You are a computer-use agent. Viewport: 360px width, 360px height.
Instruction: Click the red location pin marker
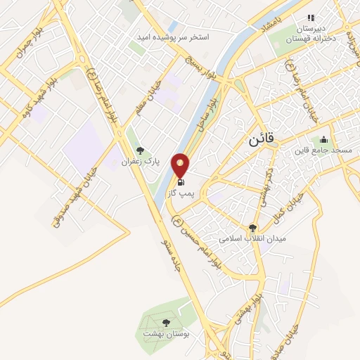[x=181, y=166]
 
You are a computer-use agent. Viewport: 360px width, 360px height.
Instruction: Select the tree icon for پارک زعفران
[x=141, y=150]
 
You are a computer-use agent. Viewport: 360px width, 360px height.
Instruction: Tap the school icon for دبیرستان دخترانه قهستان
[x=310, y=18]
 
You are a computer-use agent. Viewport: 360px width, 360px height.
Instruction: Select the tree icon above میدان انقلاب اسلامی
[x=252, y=228]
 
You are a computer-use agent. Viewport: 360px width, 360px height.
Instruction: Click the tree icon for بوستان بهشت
[x=166, y=323]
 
